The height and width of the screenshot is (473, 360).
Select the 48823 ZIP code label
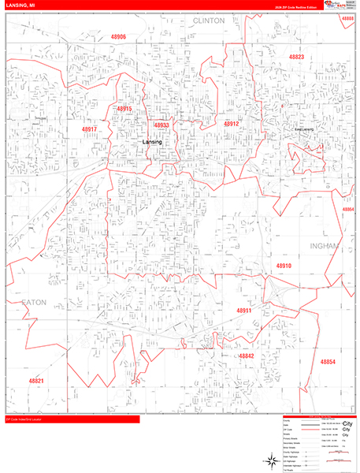click(296, 58)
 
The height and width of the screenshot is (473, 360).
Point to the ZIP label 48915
click(124, 109)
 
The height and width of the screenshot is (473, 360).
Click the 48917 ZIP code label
click(89, 128)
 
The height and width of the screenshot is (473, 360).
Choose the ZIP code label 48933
click(161, 125)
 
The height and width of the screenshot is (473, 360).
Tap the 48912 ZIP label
click(231, 124)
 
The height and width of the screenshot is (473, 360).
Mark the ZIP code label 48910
click(284, 266)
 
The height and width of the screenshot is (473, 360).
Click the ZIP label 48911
click(243, 311)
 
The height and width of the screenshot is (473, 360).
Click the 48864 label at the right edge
click(349, 210)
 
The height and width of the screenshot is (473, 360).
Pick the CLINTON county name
click(208, 20)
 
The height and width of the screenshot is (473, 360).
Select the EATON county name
click(35, 302)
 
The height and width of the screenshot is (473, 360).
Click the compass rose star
click(269, 460)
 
